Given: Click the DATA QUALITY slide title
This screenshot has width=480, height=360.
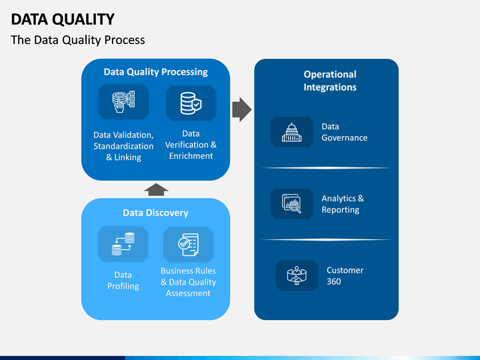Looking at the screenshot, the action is point(63,19).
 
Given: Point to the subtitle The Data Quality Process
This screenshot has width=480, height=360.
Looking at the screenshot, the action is point(78,40).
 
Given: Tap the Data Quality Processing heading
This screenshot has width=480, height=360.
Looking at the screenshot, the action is point(155,72).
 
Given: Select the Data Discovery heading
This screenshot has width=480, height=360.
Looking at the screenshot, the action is point(155,213).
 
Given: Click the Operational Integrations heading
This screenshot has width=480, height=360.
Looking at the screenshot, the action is point(330,81).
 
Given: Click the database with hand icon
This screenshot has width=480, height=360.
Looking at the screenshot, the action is point(124,101).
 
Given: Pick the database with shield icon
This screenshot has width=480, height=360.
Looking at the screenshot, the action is point(191,103).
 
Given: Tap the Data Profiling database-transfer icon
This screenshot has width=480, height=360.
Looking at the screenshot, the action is point(123,244).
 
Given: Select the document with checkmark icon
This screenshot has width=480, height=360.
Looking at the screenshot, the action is point(188,245).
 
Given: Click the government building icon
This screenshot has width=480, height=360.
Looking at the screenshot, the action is point(291,132).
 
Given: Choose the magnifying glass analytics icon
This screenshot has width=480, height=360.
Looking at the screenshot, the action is point(291,203).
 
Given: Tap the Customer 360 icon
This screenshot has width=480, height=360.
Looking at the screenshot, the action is point(297,275).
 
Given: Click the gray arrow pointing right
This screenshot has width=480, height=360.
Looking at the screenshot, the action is point(242,109).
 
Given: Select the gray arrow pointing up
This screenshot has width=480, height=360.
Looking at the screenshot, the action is point(156,189).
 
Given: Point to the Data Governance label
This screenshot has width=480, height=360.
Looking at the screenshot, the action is point(345,132).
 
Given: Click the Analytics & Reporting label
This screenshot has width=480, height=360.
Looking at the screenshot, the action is point(343,204).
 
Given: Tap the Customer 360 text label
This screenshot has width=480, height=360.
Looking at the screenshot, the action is point(345,276).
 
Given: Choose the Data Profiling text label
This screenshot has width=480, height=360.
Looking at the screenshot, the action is point(123,281).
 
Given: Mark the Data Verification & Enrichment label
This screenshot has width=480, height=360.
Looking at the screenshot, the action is point(191,145).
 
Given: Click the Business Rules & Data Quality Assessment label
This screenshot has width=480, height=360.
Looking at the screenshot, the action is point(188,282).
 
